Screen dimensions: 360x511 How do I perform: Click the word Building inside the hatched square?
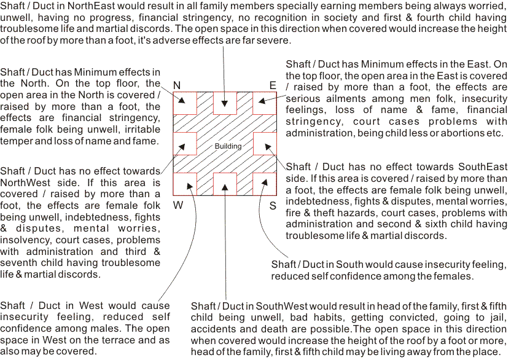228,146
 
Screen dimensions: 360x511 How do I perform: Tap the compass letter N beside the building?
177,85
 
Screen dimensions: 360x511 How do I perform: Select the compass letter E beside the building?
273,85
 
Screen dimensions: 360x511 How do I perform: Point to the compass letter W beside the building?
177,205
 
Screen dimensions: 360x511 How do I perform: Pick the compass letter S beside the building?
272,205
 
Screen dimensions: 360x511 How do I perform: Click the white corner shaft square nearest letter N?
185,103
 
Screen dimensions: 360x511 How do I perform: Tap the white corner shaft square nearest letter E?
265,103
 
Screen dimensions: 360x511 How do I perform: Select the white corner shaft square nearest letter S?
265,182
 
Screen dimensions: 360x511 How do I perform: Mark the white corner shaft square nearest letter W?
185,182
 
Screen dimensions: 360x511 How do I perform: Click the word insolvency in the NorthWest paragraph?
22,240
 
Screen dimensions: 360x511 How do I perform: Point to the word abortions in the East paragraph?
455,133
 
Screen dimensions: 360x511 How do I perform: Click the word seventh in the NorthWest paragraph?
20,263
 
